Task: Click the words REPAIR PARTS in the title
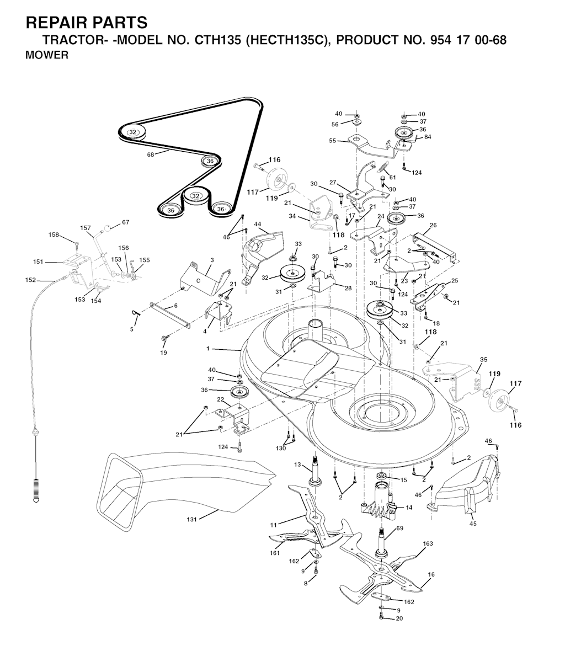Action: point(87,23)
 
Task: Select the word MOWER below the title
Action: point(47,55)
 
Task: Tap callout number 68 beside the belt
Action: point(150,155)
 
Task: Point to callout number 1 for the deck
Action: point(208,349)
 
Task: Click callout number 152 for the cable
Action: point(30,280)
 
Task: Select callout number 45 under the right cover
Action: point(473,523)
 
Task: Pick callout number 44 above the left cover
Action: point(258,224)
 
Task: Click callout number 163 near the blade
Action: point(428,543)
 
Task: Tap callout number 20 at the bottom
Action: point(399,618)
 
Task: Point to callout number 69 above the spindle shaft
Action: point(399,529)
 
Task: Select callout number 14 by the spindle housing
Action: point(409,507)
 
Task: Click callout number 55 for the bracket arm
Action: point(332,141)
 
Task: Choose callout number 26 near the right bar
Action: point(433,225)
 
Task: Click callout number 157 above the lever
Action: point(86,227)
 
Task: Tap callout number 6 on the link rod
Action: point(175,306)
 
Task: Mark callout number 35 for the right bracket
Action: point(483,359)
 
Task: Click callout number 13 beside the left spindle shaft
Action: point(298,465)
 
